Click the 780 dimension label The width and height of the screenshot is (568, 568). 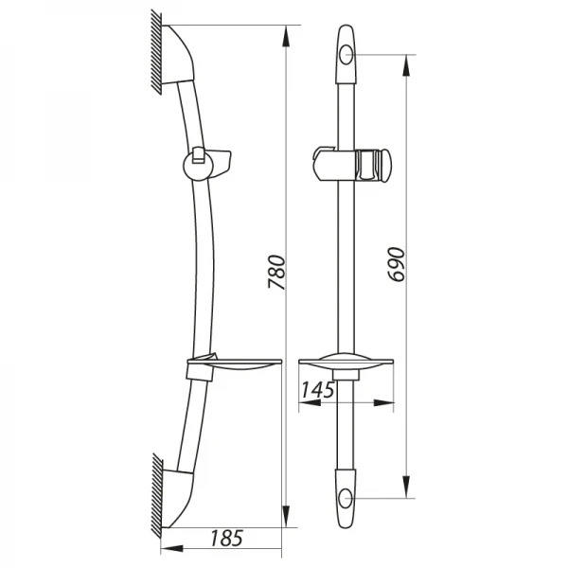(x=277, y=272)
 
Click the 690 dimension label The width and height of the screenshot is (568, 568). (x=396, y=264)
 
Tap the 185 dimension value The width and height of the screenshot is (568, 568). (x=226, y=538)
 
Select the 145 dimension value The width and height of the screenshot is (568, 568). (x=317, y=390)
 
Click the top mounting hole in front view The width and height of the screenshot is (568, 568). (x=346, y=55)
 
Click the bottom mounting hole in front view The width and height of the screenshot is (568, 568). (x=346, y=498)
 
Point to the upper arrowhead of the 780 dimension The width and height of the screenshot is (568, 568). (x=286, y=36)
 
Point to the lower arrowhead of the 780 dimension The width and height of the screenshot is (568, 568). (x=286, y=516)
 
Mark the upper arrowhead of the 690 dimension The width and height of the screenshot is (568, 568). (x=406, y=66)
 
